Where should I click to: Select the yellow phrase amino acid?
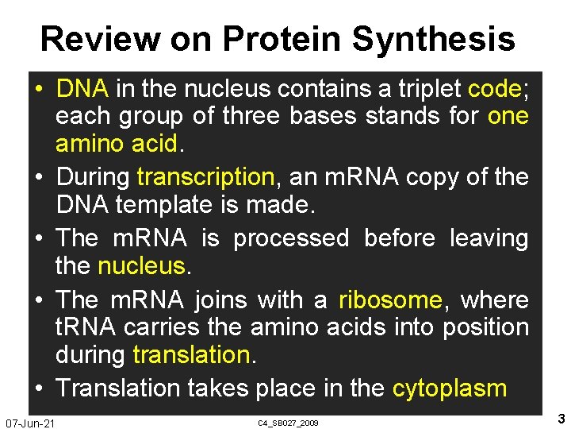coord(118,144)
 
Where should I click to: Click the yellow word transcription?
coord(205,176)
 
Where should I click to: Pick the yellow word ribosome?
coord(390,300)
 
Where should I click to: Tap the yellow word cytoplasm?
coord(450,388)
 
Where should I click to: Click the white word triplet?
coord(423,88)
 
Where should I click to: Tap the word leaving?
coord(489,238)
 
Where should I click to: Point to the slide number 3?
coord(561,419)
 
